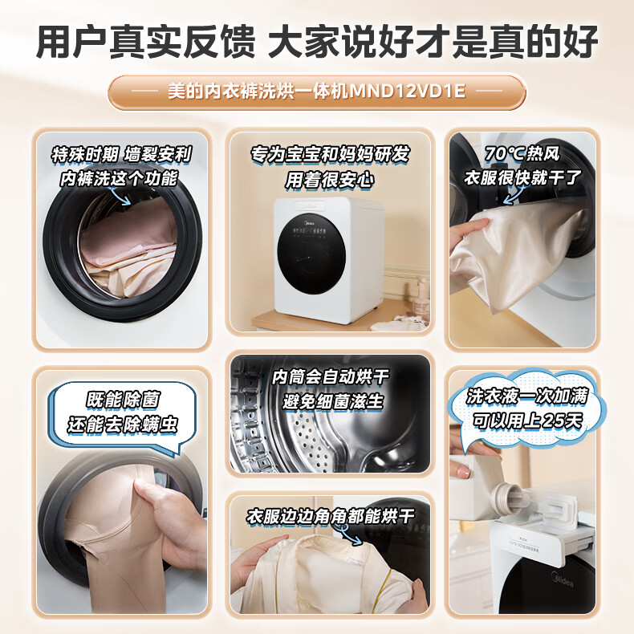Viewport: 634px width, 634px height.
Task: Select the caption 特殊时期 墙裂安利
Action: pos(120,154)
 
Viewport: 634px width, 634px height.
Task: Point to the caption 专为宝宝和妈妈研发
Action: pos(329,154)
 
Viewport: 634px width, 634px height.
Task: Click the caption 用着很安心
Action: pos(329,180)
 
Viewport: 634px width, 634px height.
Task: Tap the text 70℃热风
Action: pos(522,153)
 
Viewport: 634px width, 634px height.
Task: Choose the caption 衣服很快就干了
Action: pos(522,178)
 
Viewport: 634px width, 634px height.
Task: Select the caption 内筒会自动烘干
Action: pos(330,376)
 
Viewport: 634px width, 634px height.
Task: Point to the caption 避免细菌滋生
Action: pos(333,401)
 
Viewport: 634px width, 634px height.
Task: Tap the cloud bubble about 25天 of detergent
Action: pos(525,408)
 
